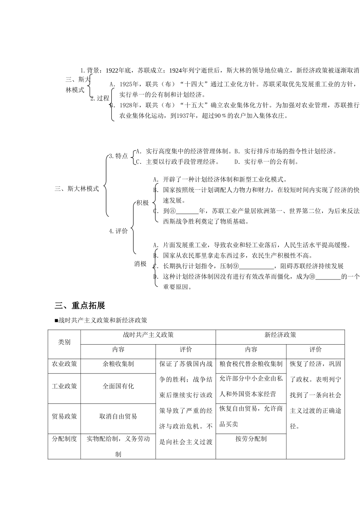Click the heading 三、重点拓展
tap(80, 306)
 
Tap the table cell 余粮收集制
tap(118, 364)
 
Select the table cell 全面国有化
tap(118, 386)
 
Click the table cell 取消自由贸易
tap(118, 416)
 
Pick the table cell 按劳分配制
tap(251, 439)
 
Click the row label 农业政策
tap(64, 364)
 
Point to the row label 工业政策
tap(64, 386)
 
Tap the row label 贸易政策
tap(64, 416)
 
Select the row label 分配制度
tap(64, 439)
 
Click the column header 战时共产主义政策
tap(148, 335)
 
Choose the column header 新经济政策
tap(280, 335)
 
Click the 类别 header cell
tap(64, 342)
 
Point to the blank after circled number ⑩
tap(328, 277)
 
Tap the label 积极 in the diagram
tap(142, 203)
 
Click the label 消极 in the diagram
tap(140, 264)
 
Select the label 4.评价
tap(119, 231)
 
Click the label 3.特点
tap(118, 156)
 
